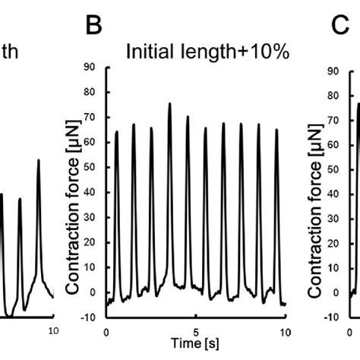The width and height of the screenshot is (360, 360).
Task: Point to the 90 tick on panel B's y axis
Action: pyautogui.click(x=91, y=68)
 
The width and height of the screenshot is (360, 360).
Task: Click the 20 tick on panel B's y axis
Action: pyautogui.click(x=91, y=243)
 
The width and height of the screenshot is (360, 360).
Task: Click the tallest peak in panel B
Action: pyautogui.click(x=169, y=104)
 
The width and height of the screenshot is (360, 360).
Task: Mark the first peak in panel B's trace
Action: pyautogui.click(x=117, y=132)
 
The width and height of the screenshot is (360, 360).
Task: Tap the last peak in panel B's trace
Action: pyautogui.click(x=277, y=130)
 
